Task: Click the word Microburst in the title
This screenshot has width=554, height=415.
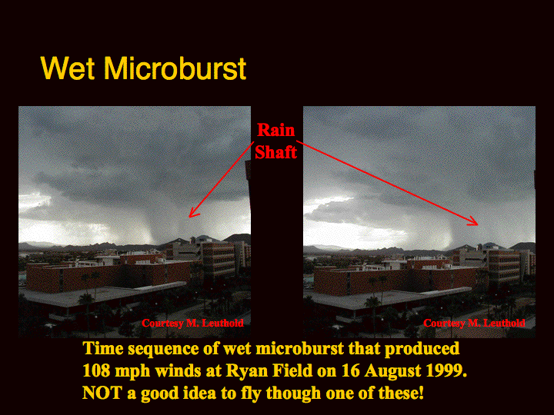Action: click(x=175, y=68)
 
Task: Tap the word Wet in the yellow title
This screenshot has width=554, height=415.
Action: click(x=68, y=68)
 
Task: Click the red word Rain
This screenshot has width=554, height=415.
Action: click(x=275, y=130)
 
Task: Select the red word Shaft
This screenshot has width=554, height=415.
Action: click(x=275, y=152)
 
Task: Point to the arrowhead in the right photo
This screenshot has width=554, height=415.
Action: click(x=473, y=221)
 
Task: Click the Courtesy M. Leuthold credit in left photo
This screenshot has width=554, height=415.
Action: click(x=192, y=323)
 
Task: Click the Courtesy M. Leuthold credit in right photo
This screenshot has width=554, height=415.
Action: click(x=474, y=323)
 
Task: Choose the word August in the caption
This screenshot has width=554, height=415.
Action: click(x=392, y=372)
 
